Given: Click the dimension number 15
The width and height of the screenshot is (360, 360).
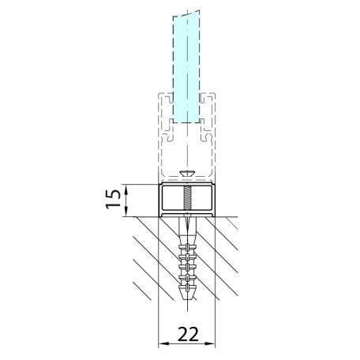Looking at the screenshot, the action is (113, 199).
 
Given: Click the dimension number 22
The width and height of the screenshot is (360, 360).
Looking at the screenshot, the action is (188, 334).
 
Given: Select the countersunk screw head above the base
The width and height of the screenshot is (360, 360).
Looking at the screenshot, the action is (187, 174).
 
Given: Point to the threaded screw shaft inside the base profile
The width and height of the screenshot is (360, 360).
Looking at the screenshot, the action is (187, 198).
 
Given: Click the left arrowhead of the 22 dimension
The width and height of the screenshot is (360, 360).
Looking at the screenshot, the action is (163, 343).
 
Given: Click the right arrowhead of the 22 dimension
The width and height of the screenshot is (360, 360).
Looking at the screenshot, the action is (212, 343).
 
